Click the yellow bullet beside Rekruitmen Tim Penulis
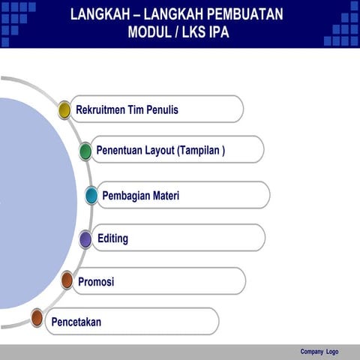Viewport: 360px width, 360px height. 64,110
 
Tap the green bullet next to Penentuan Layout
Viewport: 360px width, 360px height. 85,151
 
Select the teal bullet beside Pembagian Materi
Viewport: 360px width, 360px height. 91,196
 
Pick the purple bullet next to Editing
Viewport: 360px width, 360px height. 85,239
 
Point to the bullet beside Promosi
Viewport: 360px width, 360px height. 67,281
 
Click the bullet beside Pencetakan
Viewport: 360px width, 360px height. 37,318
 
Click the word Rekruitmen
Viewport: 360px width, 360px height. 102,110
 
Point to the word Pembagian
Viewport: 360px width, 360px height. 126,196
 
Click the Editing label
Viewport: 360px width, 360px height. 112,239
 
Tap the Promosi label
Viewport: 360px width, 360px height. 96,282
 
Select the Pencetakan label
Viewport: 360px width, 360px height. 76,322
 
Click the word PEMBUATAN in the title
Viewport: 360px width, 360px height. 247,14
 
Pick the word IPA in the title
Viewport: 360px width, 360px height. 218,32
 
